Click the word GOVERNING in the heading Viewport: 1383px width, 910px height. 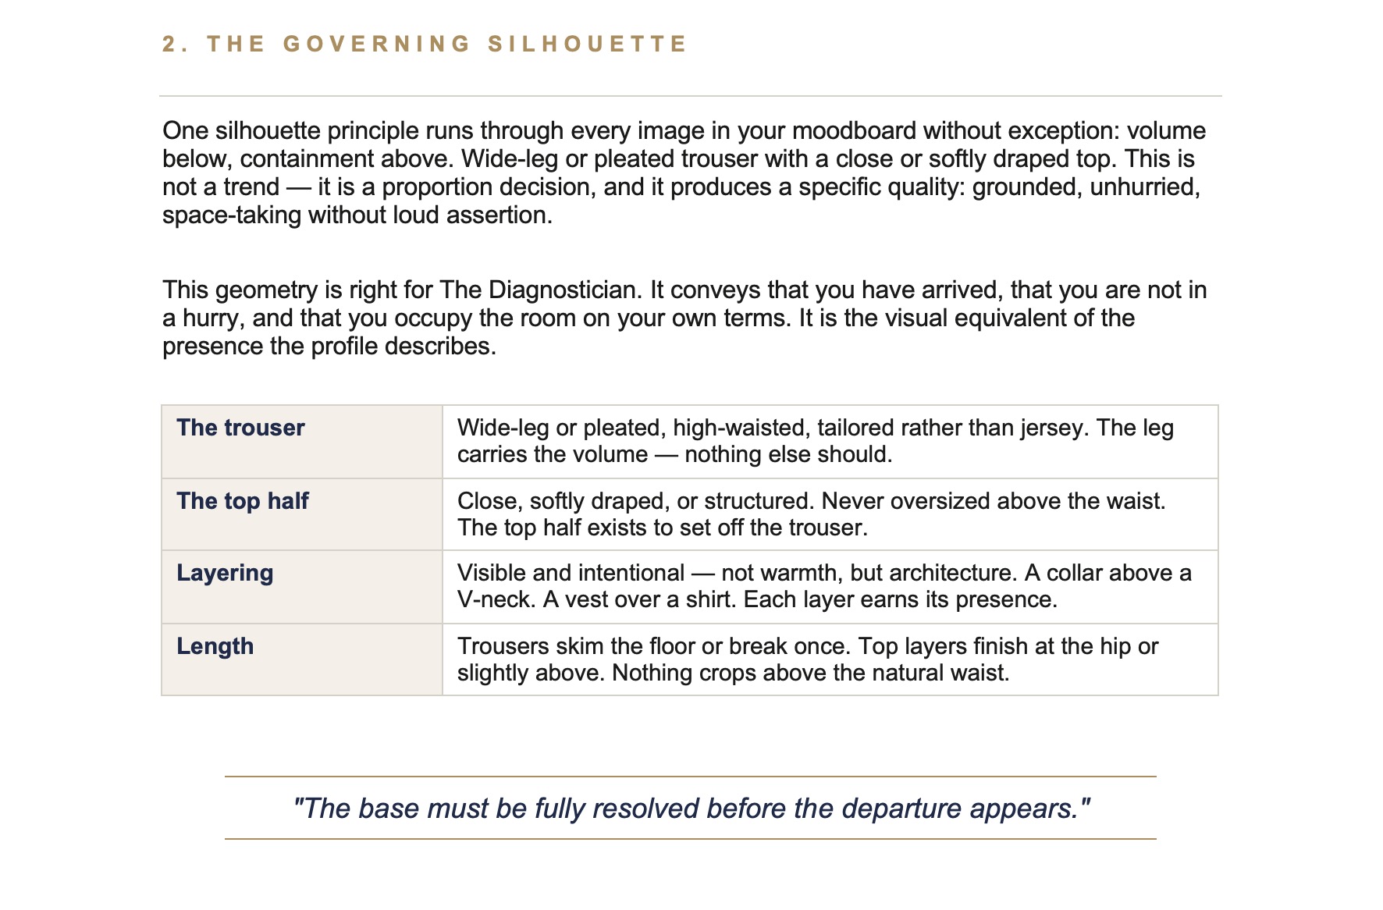pyautogui.click(x=377, y=44)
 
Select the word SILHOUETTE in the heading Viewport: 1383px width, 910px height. pyautogui.click(x=587, y=44)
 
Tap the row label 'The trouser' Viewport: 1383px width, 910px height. pyautogui.click(x=240, y=428)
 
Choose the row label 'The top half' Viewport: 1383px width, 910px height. pyautogui.click(x=243, y=501)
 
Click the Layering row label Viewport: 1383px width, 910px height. pyautogui.click(x=225, y=573)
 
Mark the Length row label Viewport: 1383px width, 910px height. pyautogui.click(x=215, y=646)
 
